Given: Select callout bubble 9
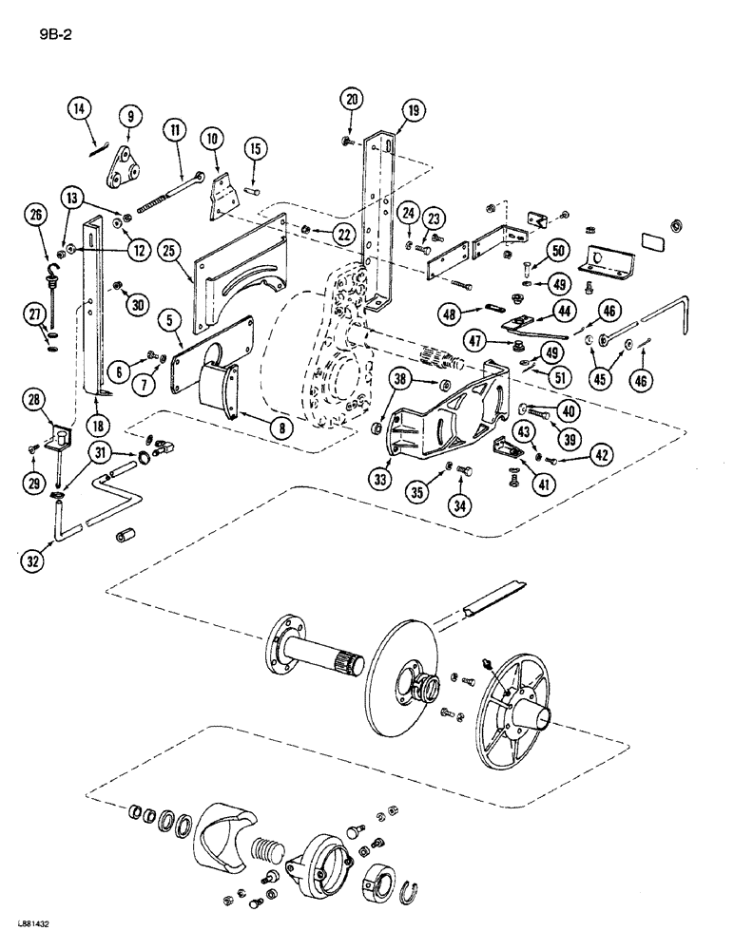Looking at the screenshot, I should (x=131, y=117).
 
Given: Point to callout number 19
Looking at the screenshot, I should (x=413, y=110).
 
